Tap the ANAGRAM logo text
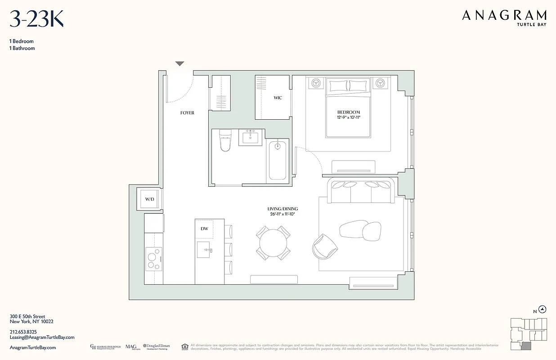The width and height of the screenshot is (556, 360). coord(504,16)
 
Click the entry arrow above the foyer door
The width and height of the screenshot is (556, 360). coord(179,64)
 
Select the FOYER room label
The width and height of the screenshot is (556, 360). coord(187,113)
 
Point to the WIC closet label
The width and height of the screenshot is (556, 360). coord(278,98)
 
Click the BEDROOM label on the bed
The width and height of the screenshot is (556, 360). coord(349,112)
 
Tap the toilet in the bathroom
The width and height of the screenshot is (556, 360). coord(224,140)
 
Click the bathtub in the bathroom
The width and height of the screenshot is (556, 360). coord(278,161)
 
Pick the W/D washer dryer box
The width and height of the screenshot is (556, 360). coord(149,199)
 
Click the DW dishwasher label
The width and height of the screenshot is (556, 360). coord(204,229)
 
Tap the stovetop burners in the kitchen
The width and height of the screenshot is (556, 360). coord(153,259)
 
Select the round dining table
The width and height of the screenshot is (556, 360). coord(273,243)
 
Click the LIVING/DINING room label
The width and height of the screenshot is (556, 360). coord(282,209)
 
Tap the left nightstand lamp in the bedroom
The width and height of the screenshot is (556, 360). coord(316,83)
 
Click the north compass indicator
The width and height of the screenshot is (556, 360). coord(543,309)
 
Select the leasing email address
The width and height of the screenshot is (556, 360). coord(42,337)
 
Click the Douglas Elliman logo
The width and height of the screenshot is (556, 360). coord(156,346)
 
